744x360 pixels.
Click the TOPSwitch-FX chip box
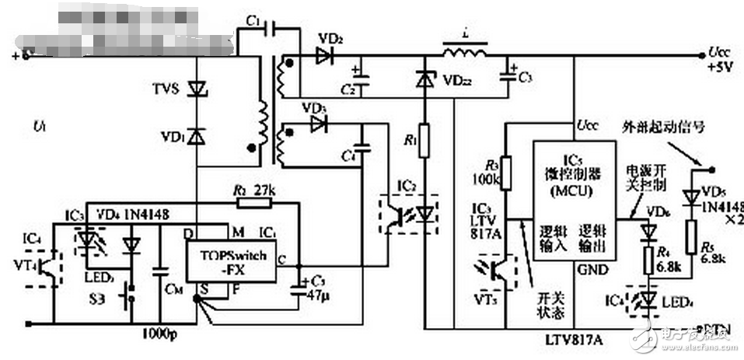pyautogui.click(x=230, y=263)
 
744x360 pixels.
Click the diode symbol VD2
pyautogui.click(x=327, y=55)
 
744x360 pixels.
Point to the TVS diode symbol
pyautogui.click(x=197, y=90)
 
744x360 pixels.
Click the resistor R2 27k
pyautogui.click(x=254, y=204)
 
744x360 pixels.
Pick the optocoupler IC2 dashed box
pyautogui.click(x=408, y=211)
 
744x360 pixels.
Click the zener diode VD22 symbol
pyautogui.click(x=424, y=79)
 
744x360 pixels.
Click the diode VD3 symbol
pyautogui.click(x=316, y=124)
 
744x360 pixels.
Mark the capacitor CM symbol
pyautogui.click(x=161, y=272)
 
